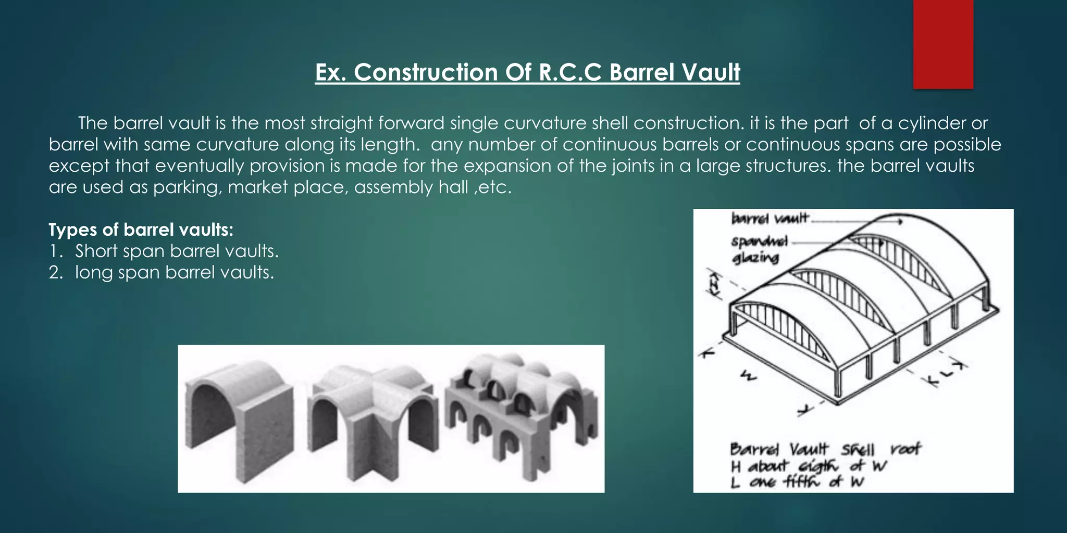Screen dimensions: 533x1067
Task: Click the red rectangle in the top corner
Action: click(943, 44)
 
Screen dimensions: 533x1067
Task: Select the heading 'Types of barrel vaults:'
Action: click(141, 230)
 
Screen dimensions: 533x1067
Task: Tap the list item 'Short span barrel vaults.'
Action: click(177, 251)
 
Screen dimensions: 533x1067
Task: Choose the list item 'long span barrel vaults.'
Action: click(174, 272)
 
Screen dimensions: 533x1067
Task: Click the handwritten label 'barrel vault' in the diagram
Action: click(770, 218)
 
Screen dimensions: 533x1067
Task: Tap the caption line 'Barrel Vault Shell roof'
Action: click(825, 449)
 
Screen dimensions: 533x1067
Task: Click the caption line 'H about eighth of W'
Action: click(808, 466)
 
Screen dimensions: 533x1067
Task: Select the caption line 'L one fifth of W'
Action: click(797, 483)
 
